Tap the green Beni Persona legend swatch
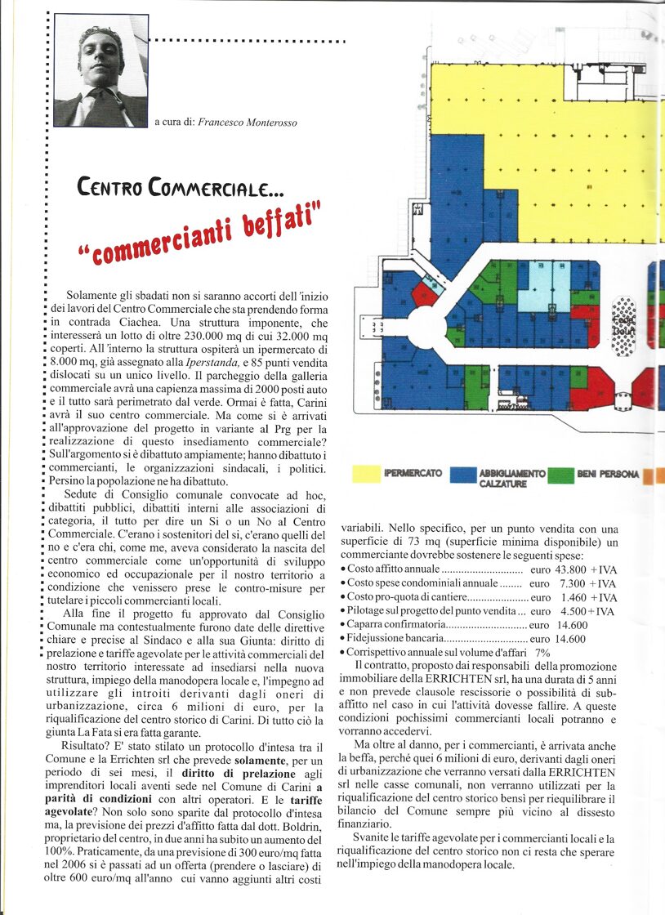(x=560, y=475)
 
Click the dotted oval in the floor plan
(x=624, y=326)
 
